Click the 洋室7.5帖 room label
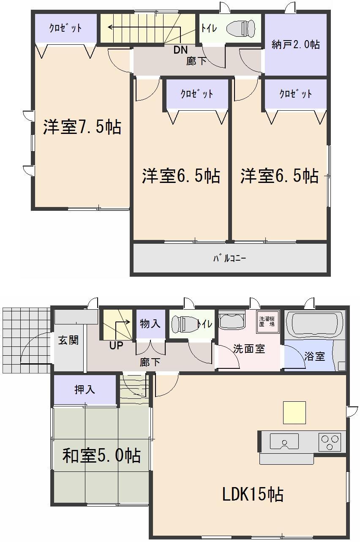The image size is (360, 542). click(82, 127)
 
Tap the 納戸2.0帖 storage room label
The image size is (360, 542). click(295, 44)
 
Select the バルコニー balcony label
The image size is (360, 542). click(229, 258)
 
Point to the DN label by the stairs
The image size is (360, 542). click(180, 50)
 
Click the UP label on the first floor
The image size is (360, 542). click(116, 346)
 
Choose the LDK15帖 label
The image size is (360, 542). click(253, 493)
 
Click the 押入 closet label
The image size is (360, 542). click(85, 389)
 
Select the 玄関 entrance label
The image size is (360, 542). click(68, 340)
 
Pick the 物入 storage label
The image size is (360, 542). click(150, 324)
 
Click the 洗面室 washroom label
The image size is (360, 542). click(249, 349)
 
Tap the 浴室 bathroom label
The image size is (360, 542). click(314, 356)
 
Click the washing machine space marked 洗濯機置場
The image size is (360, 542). click(267, 321)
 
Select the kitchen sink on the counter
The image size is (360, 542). click(284, 441)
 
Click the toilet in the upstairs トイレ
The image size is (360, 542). click(241, 29)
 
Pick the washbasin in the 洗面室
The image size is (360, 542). click(232, 320)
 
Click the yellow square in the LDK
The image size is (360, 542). click(294, 412)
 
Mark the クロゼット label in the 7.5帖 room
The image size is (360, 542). click(65, 28)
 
